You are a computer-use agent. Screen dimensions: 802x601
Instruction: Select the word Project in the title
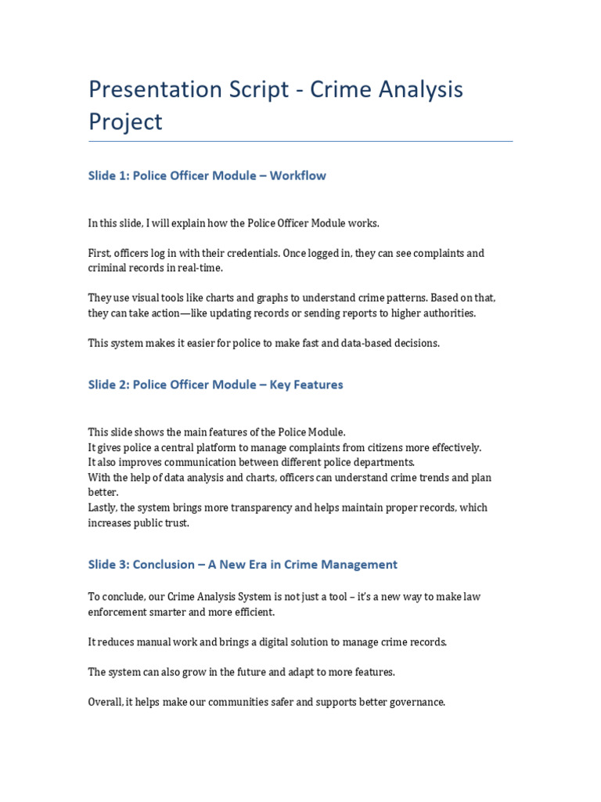[125, 122]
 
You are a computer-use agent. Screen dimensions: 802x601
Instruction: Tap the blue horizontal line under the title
[300, 142]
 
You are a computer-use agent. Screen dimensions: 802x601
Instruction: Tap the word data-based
[367, 343]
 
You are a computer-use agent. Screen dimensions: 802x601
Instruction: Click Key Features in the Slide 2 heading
[306, 385]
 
